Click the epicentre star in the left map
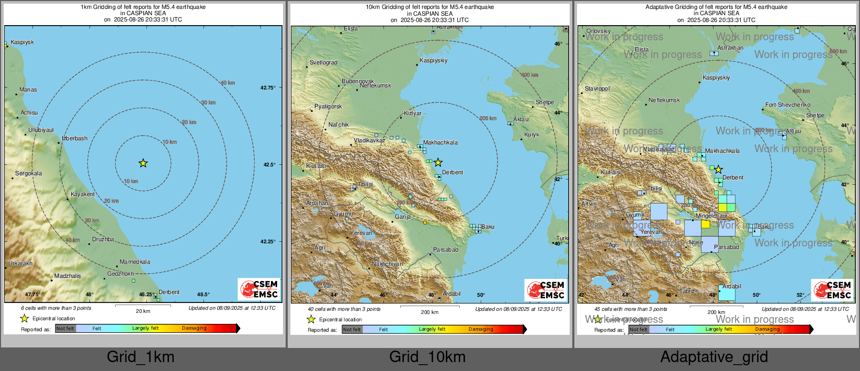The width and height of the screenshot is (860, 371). coord(143,163)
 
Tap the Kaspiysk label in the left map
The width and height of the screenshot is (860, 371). coord(22,42)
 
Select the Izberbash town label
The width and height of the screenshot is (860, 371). coord(75,138)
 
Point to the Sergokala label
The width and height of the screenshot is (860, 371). coord(28,173)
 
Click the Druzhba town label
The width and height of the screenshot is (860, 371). coord(103,239)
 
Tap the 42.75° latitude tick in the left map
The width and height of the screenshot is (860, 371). coord(268,87)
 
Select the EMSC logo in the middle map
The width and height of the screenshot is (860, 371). coord(546,289)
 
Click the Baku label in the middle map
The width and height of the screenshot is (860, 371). coord(488,227)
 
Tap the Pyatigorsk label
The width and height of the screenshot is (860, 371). coord(328,106)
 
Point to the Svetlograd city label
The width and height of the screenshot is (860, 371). coord(323,62)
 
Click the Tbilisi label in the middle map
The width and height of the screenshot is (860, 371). coord(365,184)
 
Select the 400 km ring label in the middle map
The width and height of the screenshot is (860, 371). coord(529,75)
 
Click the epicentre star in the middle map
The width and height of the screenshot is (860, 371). coord(438,163)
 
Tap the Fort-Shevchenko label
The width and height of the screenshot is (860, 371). coord(787,105)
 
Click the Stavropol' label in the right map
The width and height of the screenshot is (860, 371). coord(597,88)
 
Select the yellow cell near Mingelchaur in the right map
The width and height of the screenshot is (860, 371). coord(705,224)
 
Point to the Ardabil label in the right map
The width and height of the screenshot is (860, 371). coord(731,286)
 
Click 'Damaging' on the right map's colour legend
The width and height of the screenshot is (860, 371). coord(767,329)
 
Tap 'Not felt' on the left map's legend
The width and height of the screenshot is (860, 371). coord(65,329)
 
